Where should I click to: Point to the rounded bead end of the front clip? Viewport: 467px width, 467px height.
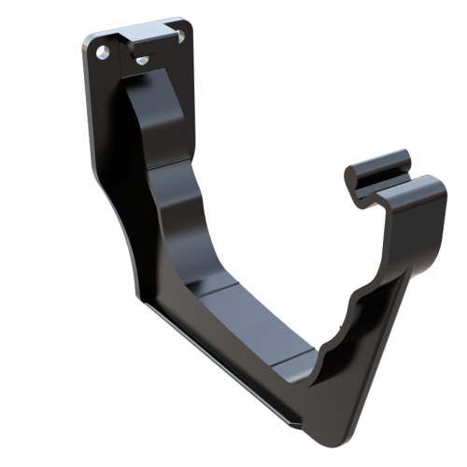click(x=359, y=177)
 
